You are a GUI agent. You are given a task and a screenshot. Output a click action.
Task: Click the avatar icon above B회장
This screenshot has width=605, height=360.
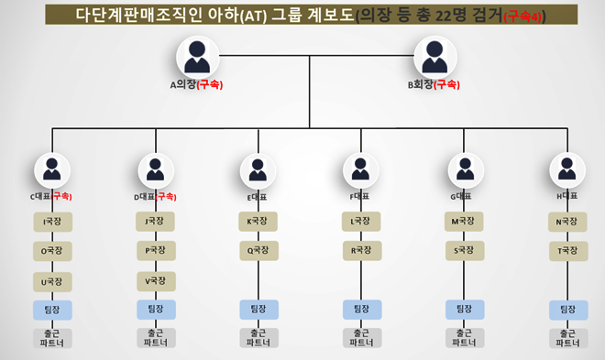[x=436, y=58]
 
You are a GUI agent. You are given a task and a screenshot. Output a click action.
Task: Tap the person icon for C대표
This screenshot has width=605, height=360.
[x=52, y=170]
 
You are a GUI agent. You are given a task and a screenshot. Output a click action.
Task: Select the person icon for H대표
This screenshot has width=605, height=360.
[x=568, y=170]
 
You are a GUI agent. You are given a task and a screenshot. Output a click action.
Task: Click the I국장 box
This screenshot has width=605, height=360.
[x=52, y=221]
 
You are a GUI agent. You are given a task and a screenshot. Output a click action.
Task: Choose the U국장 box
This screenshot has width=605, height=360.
[x=52, y=280]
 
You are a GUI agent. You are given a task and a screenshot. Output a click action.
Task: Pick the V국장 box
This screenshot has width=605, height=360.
[x=156, y=280]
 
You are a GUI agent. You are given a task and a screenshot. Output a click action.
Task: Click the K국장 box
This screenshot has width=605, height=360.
[x=258, y=221]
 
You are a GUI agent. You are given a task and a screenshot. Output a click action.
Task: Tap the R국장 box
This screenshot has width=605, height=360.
[x=361, y=249]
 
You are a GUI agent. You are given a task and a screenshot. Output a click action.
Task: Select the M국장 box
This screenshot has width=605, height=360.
[x=465, y=221]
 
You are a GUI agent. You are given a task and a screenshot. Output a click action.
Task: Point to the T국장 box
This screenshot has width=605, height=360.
[x=568, y=249]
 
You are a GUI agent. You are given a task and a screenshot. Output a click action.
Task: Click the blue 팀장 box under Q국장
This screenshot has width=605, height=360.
[x=258, y=310]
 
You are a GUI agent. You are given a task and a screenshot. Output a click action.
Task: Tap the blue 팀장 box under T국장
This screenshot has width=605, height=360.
[x=568, y=310]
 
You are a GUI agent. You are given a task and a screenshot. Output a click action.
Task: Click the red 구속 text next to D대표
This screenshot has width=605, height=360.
[x=167, y=197]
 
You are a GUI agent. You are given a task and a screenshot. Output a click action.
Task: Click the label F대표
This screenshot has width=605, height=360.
[x=360, y=197]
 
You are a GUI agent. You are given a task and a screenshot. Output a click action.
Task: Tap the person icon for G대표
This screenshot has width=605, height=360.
[x=465, y=170]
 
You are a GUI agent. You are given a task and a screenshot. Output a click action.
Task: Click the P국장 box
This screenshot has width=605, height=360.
[x=156, y=249]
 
